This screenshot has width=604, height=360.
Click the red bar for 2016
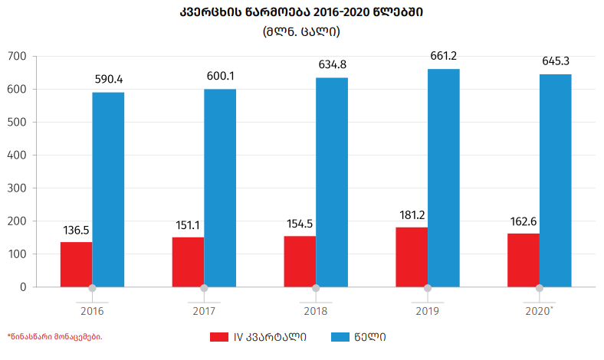pos(77,264)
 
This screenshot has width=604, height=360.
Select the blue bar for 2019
pos(444,178)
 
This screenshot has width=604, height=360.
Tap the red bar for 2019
pos(412,257)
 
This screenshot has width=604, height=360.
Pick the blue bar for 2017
pos(220,188)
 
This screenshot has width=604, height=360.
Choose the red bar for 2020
pos(524,260)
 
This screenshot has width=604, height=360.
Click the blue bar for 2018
pos(332,182)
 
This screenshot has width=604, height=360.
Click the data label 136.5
pos(77,229)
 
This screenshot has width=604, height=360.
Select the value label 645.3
pos(556,61)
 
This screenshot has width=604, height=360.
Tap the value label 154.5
pos(300,223)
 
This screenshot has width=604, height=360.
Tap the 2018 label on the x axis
pos(316,311)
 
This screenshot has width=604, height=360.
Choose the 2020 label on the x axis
pos(539,311)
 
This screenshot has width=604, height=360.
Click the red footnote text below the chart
pos(54,336)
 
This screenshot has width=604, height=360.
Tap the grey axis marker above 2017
pos(204,288)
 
